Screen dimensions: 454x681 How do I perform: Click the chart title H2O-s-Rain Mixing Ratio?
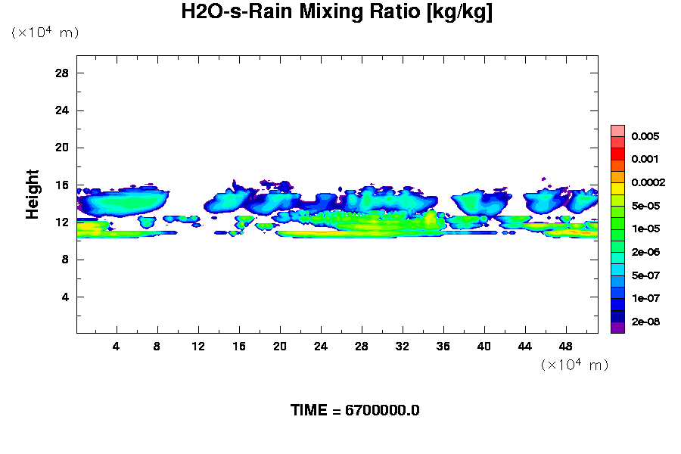click(x=337, y=13)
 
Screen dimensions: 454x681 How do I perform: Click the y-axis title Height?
click(x=33, y=202)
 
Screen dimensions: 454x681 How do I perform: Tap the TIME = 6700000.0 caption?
click(x=355, y=410)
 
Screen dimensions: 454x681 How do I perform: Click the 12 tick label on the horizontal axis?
click(x=198, y=346)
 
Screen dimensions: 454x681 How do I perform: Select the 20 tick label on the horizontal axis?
click(x=280, y=346)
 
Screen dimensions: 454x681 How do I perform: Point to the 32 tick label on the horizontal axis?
click(x=403, y=346)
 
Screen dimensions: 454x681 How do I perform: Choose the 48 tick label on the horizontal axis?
click(x=566, y=346)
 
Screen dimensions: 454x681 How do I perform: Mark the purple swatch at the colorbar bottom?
click(x=617, y=328)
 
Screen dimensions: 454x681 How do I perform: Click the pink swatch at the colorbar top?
click(x=617, y=130)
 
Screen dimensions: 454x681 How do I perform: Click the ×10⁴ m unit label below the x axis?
click(x=574, y=365)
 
